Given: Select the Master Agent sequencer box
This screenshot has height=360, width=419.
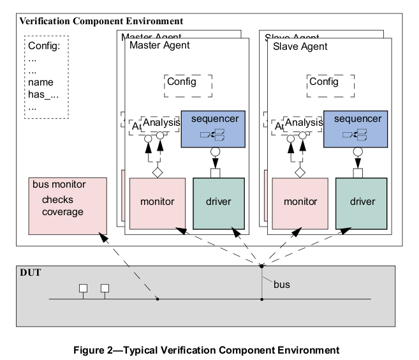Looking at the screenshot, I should click(214, 127).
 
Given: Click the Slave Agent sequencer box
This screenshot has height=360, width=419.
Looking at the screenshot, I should click(357, 127).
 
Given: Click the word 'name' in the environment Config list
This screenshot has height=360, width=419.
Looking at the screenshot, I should click(41, 82).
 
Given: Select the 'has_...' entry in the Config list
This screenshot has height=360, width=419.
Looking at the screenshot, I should click(43, 94).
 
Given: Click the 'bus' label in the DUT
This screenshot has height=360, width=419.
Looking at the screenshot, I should click(281, 284).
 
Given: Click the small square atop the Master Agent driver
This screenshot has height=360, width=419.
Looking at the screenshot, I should click(215, 172).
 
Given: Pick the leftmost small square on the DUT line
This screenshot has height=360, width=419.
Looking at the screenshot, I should click(83, 288).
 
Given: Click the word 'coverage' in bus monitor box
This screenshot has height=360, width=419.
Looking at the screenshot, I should click(62, 212).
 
